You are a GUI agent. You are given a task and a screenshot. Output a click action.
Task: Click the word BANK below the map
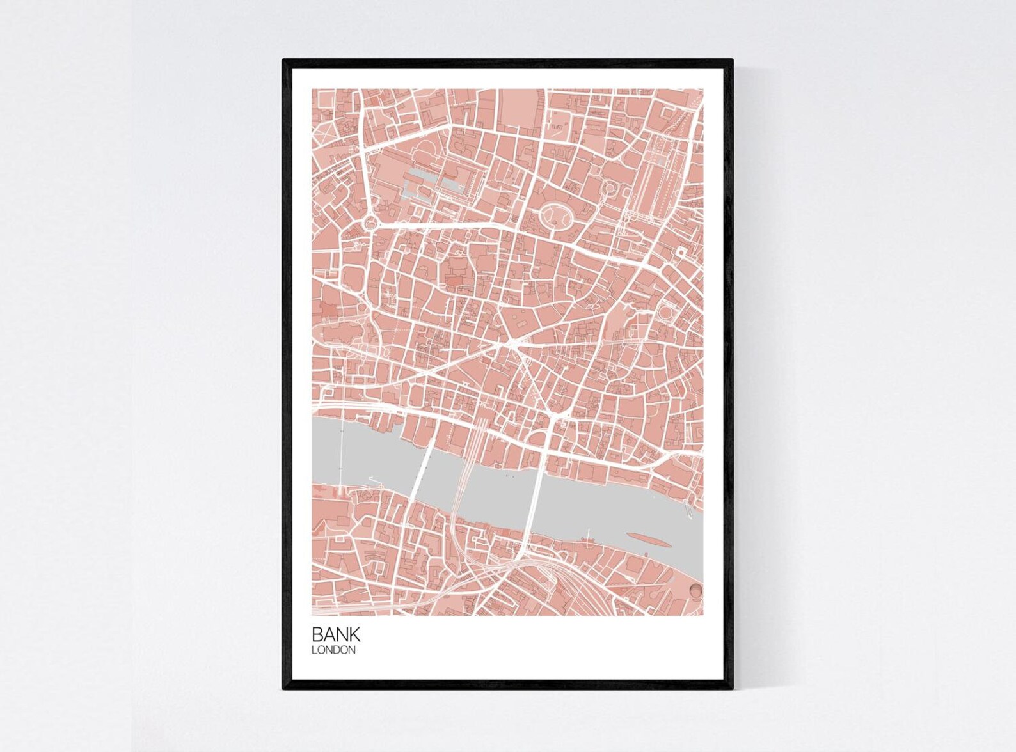[x=336, y=634]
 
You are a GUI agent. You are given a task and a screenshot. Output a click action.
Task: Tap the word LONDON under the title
[x=333, y=650]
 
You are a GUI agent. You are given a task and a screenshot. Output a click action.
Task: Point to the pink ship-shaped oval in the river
[x=648, y=540]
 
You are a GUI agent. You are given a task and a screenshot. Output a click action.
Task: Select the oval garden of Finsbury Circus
[x=555, y=215]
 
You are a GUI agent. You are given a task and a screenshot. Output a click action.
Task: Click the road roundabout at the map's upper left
[x=371, y=223]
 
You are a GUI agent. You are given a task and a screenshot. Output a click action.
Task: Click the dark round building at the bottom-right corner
[x=695, y=590]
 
